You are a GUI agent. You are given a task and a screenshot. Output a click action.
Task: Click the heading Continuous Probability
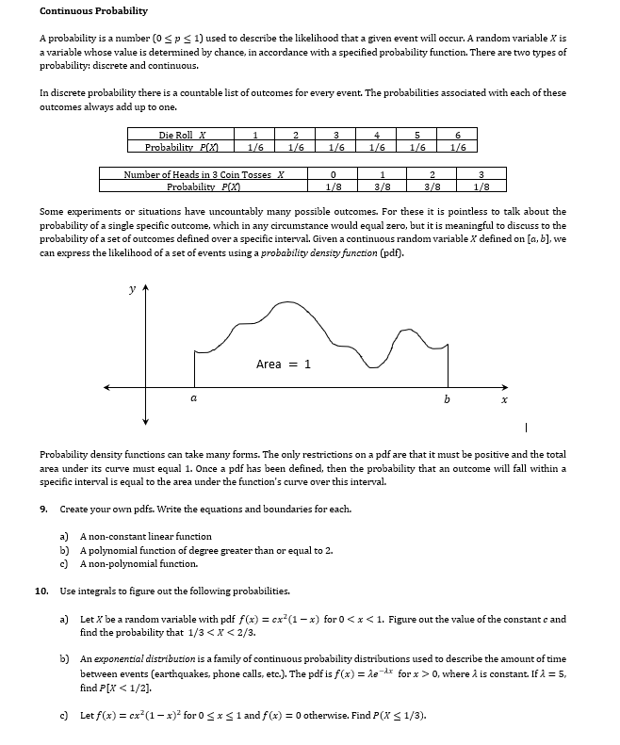(93, 10)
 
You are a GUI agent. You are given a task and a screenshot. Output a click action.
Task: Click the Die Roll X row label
(183, 135)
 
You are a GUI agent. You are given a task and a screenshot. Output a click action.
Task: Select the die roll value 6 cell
(458, 135)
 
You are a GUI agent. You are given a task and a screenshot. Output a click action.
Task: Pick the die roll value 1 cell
(254, 135)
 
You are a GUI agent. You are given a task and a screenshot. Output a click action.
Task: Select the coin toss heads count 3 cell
(481, 174)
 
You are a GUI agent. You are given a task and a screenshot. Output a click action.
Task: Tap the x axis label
(503, 400)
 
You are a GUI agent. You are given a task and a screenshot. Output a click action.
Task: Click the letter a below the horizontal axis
(194, 399)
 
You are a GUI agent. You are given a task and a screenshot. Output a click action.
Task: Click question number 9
(44, 509)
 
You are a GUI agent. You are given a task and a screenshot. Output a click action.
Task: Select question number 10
(41, 591)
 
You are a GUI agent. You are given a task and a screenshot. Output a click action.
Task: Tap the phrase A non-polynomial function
(139, 563)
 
